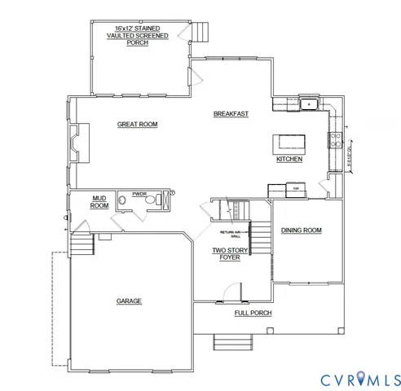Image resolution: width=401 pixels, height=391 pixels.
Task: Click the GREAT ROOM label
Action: click(137, 125)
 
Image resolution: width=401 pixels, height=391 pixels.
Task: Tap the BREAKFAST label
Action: click(231, 113)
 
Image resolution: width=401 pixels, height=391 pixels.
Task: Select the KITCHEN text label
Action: click(289, 159)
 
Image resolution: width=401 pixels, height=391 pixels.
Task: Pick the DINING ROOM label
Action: click(302, 231)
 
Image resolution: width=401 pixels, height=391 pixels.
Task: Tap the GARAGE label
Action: click(129, 301)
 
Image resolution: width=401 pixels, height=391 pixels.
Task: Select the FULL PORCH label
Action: click(253, 313)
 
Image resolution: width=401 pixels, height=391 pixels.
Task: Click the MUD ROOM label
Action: click(99, 201)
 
